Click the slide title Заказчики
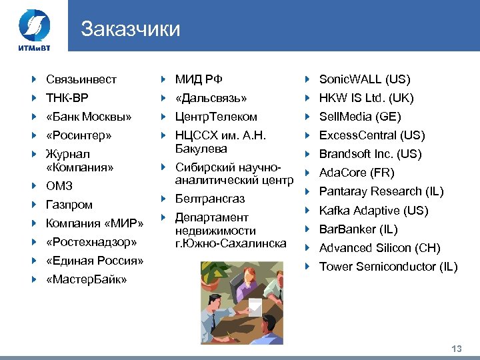pyautogui.click(x=130, y=29)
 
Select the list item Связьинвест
pyautogui.click(x=81, y=79)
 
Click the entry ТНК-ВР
pyautogui.click(x=67, y=98)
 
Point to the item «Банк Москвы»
pyautogui.click(x=89, y=117)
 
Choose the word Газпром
pyautogui.click(x=69, y=205)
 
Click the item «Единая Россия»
pyautogui.click(x=95, y=260)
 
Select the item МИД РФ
pyautogui.click(x=199, y=79)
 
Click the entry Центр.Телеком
pyautogui.click(x=216, y=117)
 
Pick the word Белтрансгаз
pyautogui.click(x=210, y=199)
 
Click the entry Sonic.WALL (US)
pyautogui.click(x=365, y=79)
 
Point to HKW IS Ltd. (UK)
pyautogui.click(x=367, y=98)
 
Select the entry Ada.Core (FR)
pyautogui.click(x=357, y=173)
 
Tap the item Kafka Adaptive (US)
pyautogui.click(x=373, y=211)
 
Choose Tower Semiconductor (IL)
pyautogui.click(x=388, y=267)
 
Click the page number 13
pyautogui.click(x=457, y=349)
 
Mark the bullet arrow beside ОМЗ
pyautogui.click(x=35, y=186)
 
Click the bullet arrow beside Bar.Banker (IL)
pyautogui.click(x=308, y=229)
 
